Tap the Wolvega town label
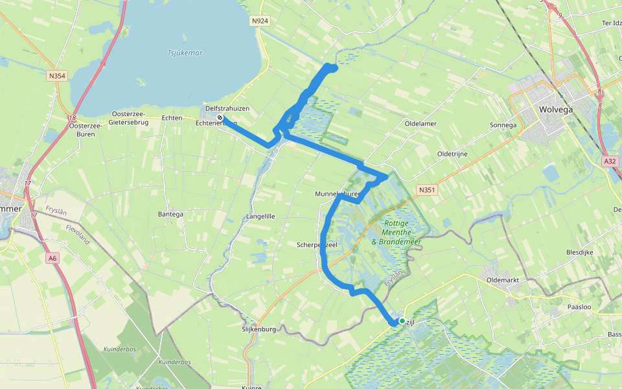[x=556, y=110]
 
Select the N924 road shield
[x=260, y=21]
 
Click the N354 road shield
[x=56, y=76]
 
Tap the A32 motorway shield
[x=609, y=161]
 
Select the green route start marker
[x=402, y=321]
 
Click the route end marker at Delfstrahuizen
[x=220, y=117]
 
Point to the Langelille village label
[x=261, y=216]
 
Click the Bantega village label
[x=170, y=214]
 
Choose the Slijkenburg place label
[x=259, y=329]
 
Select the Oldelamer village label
[x=420, y=123]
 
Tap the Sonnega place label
[x=503, y=125]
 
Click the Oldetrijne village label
[x=452, y=154]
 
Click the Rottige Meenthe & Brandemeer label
[x=396, y=233]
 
